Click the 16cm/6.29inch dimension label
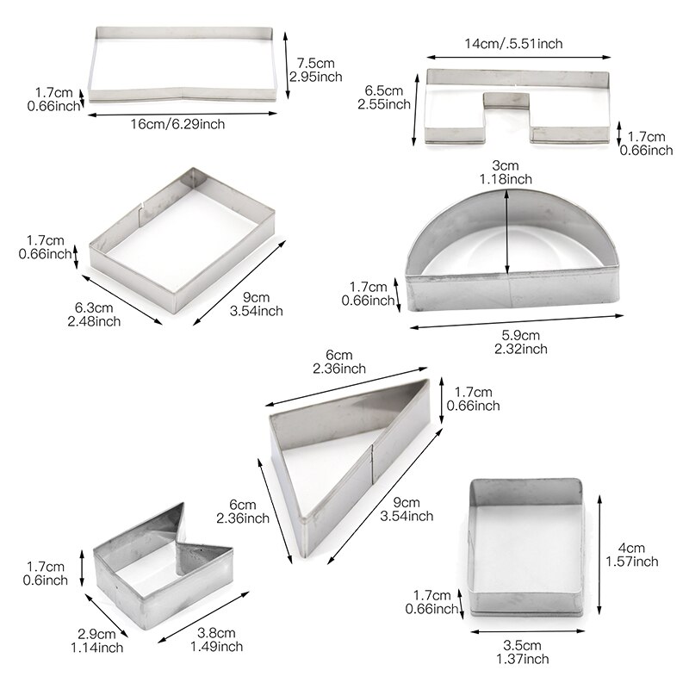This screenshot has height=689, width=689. pyautogui.click(x=177, y=124)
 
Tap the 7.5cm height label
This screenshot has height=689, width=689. pyautogui.click(x=315, y=63)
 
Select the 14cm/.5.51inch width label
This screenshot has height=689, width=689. pyautogui.click(x=513, y=44)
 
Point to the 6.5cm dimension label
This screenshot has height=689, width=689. pyautogui.click(x=383, y=90)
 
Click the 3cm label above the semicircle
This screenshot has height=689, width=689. pyautogui.click(x=506, y=165)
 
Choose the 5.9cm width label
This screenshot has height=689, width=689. pyautogui.click(x=521, y=335)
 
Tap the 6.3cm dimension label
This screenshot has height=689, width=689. pyautogui.click(x=94, y=307)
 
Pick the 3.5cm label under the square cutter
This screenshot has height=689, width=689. pyautogui.click(x=522, y=645)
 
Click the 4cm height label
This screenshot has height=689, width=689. pyautogui.click(x=631, y=548)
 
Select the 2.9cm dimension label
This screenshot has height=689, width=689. pyautogui.click(x=96, y=634)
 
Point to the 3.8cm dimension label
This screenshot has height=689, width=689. pyautogui.click(x=216, y=633)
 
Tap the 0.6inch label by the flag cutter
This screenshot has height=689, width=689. pyautogui.click(x=46, y=580)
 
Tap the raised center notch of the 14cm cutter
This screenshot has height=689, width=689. pyautogui.click(x=506, y=100)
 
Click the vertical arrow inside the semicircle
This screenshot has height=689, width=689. pyautogui.click(x=507, y=232)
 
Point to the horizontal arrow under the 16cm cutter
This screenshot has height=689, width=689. pyautogui.click(x=183, y=114)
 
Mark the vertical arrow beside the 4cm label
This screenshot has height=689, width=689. pyautogui.click(x=599, y=555)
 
